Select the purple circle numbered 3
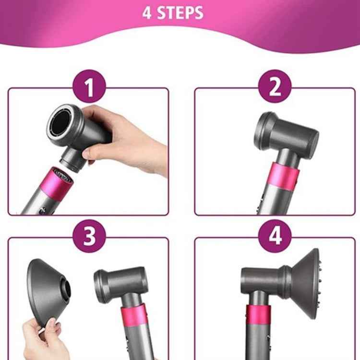point(89,236)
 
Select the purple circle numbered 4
point(275,236)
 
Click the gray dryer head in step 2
point(288,134)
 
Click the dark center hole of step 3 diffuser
point(66,289)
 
